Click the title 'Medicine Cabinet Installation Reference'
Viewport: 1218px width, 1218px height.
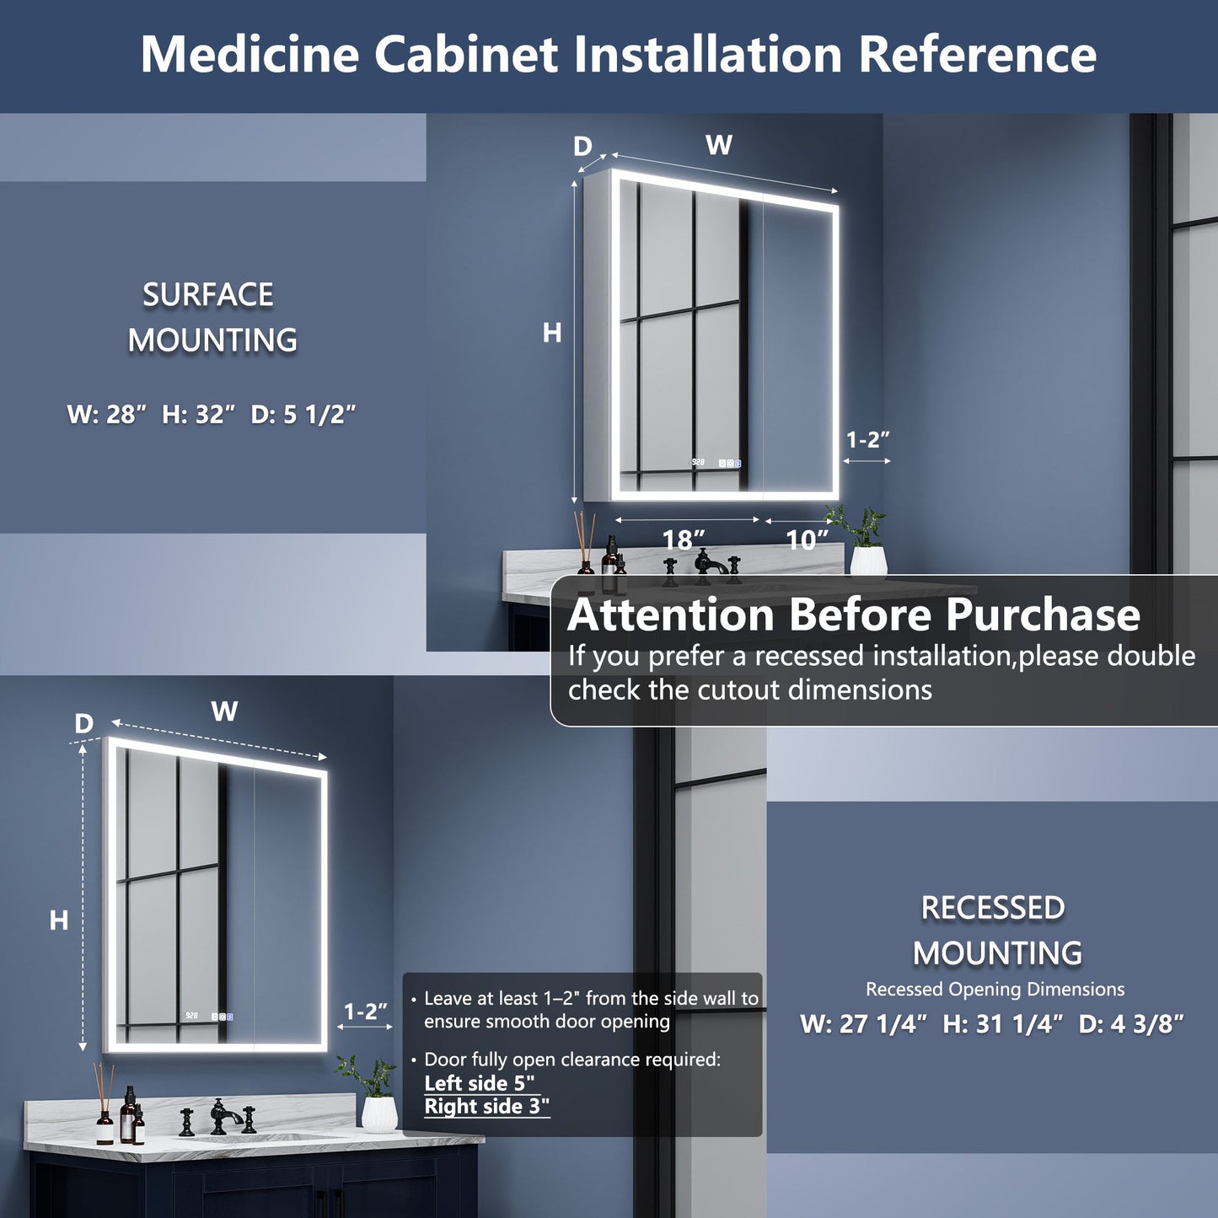(618, 55)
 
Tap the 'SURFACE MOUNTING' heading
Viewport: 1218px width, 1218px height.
(211, 318)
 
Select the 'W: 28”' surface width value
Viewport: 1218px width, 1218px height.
(107, 415)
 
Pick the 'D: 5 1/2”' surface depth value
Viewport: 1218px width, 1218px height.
(303, 415)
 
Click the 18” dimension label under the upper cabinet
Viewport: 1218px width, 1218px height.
(683, 539)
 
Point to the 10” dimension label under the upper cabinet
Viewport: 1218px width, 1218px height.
(807, 539)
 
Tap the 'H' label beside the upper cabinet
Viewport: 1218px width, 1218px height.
(552, 334)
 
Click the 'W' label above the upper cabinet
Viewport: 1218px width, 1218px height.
(719, 146)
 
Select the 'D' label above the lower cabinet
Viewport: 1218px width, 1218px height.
(83, 724)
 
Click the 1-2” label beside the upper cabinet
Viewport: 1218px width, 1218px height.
(868, 439)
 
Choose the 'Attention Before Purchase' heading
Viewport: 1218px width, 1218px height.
(853, 614)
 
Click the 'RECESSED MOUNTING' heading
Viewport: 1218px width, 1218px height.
(996, 931)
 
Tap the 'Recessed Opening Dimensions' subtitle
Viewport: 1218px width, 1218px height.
(995, 990)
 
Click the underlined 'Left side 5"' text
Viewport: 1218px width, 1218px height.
(479, 1083)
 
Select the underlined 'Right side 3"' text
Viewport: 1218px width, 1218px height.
(486, 1107)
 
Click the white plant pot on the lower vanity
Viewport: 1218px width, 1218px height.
(379, 1112)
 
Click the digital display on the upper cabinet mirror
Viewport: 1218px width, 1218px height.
(698, 463)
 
